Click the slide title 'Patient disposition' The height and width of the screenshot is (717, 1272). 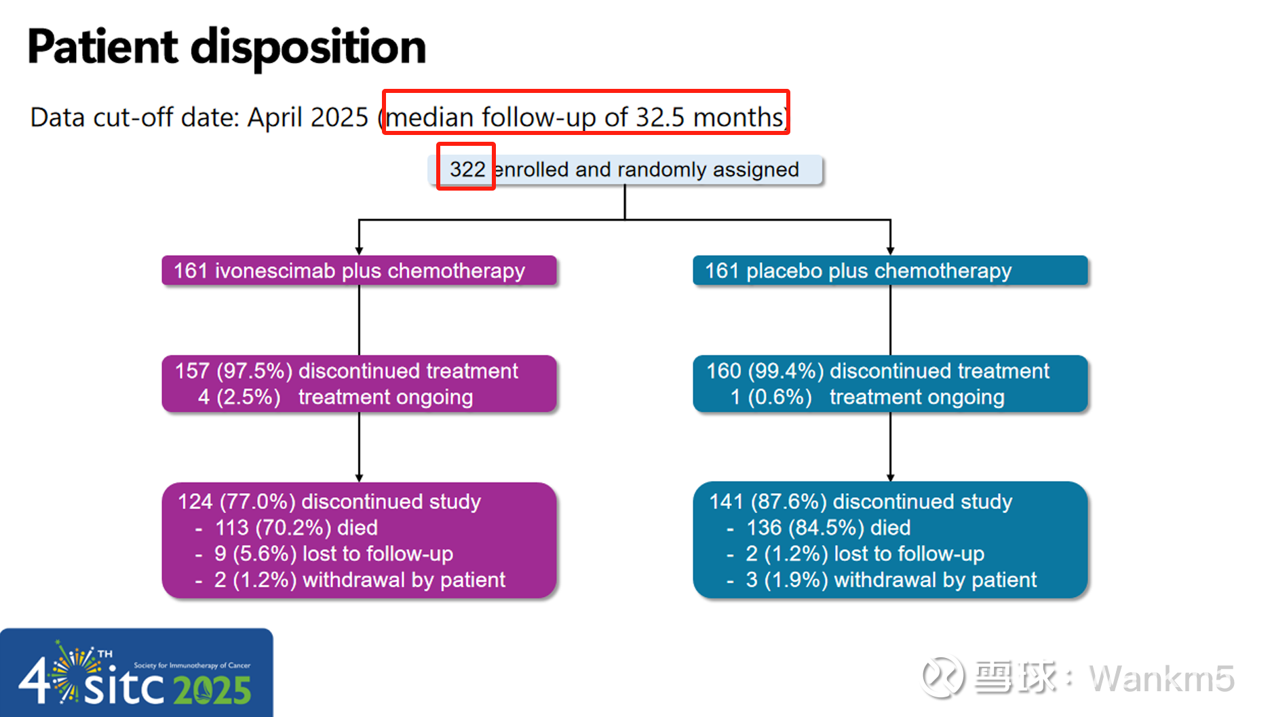coord(227,47)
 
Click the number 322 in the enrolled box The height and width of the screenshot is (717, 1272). coord(467,169)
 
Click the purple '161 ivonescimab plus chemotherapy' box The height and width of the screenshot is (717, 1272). coord(359,271)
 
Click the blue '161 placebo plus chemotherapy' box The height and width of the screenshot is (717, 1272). coord(890,271)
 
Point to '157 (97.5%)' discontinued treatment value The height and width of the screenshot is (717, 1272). coord(233,371)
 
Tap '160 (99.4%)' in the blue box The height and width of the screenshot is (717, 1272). coord(765,371)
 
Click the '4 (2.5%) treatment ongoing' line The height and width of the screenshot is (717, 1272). coord(335,397)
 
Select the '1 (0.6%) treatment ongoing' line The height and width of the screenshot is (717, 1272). coord(867,397)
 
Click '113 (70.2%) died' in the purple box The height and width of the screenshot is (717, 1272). coord(296,528)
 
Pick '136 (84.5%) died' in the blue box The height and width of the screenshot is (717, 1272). coord(828,528)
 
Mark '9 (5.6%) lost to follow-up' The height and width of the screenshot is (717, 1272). coord(334,554)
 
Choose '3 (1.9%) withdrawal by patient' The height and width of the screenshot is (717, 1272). coord(891,580)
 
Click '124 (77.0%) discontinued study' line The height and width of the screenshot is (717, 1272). coord(329,501)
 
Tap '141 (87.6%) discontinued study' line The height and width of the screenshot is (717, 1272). coord(860,501)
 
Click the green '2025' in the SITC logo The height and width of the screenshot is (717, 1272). coord(212,691)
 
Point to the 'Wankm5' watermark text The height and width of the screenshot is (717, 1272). coord(1161,678)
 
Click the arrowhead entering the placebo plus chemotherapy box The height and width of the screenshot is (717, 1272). coord(890,251)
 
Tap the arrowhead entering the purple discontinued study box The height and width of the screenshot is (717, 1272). coord(359,478)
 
